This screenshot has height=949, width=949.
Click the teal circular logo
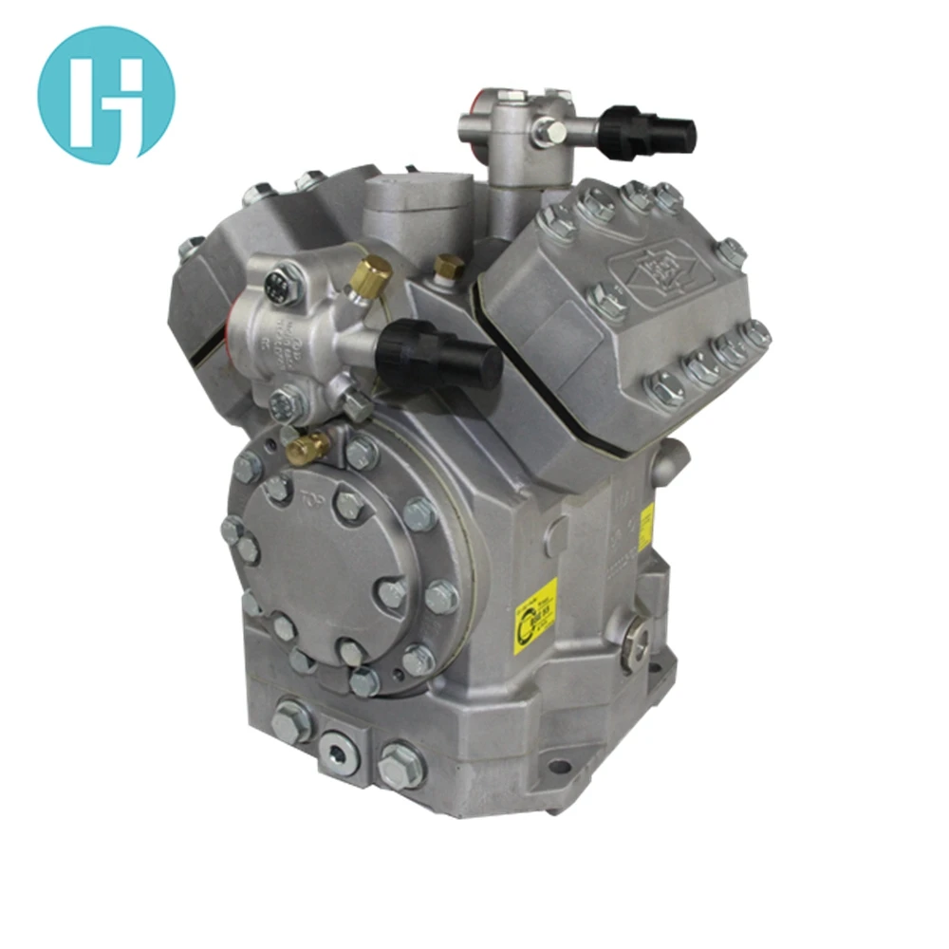pyautogui.click(x=106, y=95)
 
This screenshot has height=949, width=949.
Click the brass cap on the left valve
pyautogui.click(x=371, y=273)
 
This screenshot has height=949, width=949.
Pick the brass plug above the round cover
pyautogui.click(x=308, y=445)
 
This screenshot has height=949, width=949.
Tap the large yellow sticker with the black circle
pyautogui.click(x=534, y=613)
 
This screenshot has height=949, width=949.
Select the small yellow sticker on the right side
pyautogui.click(x=646, y=525)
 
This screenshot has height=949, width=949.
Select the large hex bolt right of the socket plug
pyautogui.click(x=400, y=765)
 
